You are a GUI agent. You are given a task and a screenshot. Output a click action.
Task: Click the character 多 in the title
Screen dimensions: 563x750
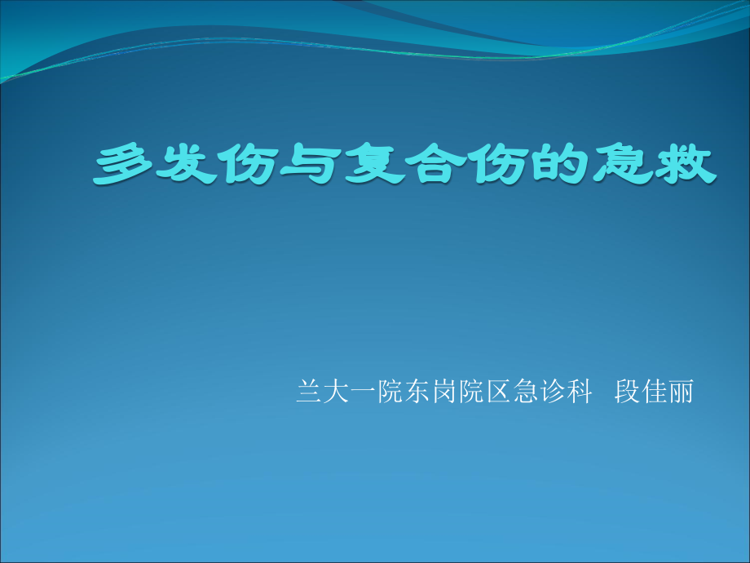point(125,166)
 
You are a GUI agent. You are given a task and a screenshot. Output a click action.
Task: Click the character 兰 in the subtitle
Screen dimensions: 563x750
point(307,392)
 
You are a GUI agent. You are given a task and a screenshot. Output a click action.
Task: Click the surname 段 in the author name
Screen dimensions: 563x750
point(625,392)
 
